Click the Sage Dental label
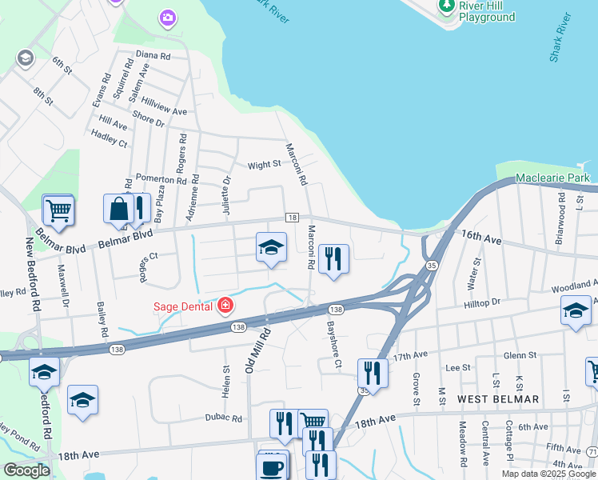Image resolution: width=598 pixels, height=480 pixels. (183, 306)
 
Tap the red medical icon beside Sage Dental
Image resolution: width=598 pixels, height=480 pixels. (225, 306)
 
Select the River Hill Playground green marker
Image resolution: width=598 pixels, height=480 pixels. (447, 6)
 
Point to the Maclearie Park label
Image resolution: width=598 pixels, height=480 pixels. (552, 177)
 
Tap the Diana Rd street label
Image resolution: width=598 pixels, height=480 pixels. (153, 56)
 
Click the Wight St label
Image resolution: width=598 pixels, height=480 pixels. (264, 165)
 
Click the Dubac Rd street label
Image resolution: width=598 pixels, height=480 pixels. (222, 418)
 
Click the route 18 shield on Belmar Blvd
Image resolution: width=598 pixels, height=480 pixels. (293, 218)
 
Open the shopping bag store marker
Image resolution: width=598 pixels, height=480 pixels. (118, 209)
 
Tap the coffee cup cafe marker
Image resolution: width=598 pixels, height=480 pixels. (272, 466)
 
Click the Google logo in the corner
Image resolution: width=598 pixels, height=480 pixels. (26, 470)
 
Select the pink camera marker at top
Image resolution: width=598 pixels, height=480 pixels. (167, 17)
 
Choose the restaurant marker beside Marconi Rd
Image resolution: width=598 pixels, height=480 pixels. (333, 258)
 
